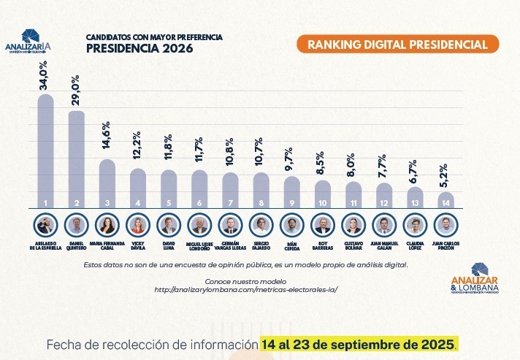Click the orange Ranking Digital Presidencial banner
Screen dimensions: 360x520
click(397, 45)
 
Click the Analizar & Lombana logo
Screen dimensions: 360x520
click(475, 280)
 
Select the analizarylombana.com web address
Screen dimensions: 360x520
click(246, 290)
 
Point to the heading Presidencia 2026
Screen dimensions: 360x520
click(139, 49)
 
